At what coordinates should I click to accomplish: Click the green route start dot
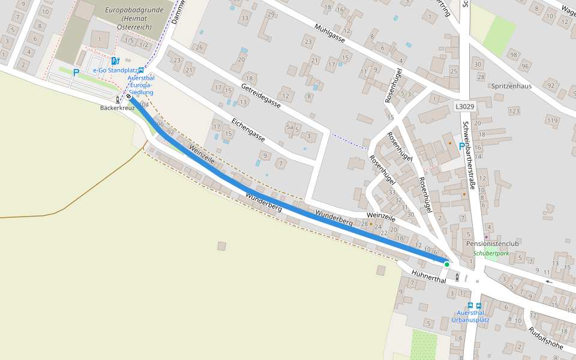[x=446, y=264]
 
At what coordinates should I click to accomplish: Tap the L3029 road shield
[x=464, y=106]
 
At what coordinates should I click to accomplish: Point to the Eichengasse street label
[x=248, y=129]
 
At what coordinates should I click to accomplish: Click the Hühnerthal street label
[x=430, y=277]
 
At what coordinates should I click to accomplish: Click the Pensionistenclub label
[x=492, y=244]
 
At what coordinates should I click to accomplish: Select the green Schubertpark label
[x=491, y=254]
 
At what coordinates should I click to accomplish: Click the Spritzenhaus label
[x=512, y=86]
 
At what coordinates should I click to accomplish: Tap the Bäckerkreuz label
[x=117, y=108]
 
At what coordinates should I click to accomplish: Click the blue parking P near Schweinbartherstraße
[x=461, y=146]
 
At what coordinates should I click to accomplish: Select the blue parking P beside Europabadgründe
[x=76, y=73]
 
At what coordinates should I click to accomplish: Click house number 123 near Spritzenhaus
[x=514, y=112]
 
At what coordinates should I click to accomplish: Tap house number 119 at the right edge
[x=551, y=121]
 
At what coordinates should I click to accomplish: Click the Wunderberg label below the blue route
[x=263, y=202]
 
